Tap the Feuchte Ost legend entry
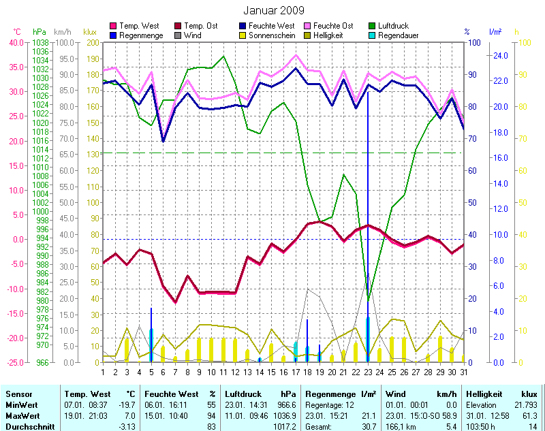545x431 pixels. pyautogui.click(x=330, y=25)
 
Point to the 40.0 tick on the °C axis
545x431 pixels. pyautogui.click(x=15, y=42)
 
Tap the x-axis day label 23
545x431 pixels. pyautogui.click(x=368, y=372)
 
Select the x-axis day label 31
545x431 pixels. pyautogui.click(x=464, y=372)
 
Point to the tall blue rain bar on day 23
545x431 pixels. pyautogui.click(x=368, y=204)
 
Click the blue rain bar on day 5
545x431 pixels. pyautogui.click(x=151, y=334)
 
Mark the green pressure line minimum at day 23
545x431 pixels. pyautogui.click(x=368, y=300)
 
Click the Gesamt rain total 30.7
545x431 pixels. pyautogui.click(x=369, y=425)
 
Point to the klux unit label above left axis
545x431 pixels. pyautogui.click(x=90, y=32)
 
